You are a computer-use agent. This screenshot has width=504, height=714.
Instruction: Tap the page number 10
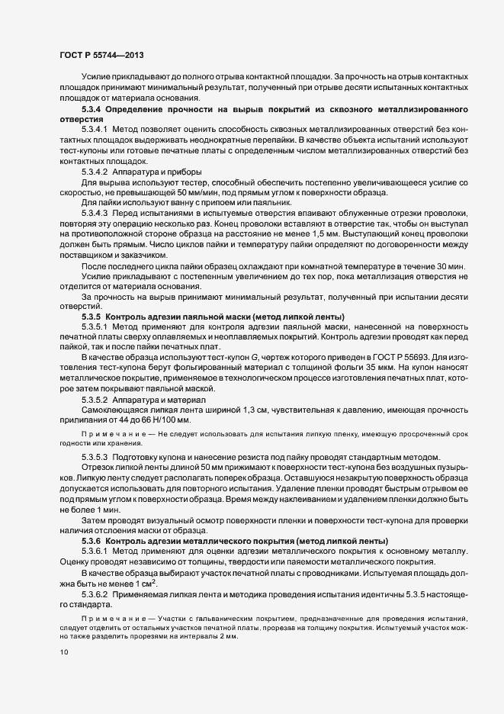(x=65, y=651)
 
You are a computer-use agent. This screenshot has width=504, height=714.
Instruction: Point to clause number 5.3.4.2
(x=97, y=172)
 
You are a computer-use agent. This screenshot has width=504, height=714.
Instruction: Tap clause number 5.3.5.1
(x=97, y=327)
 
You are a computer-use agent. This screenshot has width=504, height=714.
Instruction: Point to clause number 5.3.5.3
(x=97, y=457)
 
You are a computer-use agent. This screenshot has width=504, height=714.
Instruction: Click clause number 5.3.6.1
(x=97, y=550)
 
